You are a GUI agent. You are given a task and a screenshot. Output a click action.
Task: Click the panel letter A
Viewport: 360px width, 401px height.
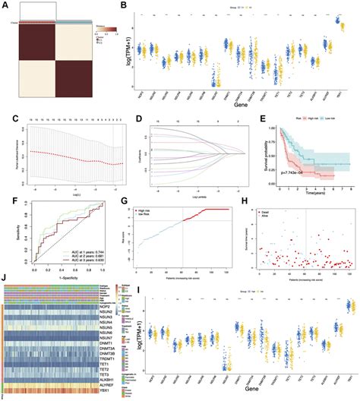coord(5,5)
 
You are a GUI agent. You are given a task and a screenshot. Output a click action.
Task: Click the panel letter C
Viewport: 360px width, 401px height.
coord(5,119)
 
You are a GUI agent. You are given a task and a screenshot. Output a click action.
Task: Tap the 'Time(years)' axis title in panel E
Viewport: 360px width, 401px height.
coord(307,195)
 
